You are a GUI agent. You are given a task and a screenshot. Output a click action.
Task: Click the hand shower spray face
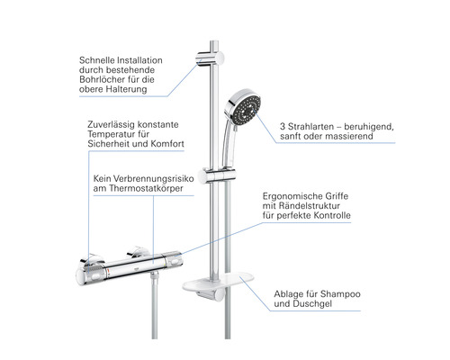(247, 110)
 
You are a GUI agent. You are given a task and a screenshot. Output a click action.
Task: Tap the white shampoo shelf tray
(218, 282)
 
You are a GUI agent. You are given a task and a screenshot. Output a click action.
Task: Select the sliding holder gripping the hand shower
(219, 175)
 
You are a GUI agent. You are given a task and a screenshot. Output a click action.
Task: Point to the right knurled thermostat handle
(172, 260)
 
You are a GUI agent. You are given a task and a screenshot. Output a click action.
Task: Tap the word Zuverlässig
(111, 125)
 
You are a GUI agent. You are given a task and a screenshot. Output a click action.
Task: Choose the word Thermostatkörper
(146, 188)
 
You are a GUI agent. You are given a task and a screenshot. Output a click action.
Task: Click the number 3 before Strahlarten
(283, 127)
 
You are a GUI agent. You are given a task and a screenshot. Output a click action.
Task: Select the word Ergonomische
(289, 196)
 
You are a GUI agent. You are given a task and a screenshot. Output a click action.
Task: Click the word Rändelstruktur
(310, 206)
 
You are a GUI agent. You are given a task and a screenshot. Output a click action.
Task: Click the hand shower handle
(229, 146)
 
